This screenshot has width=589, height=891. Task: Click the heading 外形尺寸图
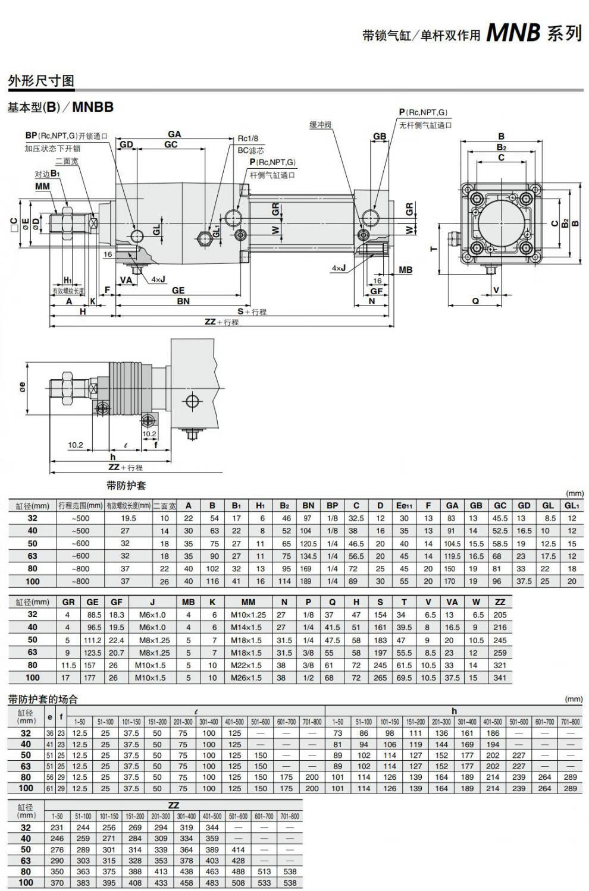click(40, 81)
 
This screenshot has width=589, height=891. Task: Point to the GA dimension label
click(174, 134)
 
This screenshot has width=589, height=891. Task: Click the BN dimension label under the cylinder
click(183, 301)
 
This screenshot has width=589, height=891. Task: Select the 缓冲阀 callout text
click(320, 125)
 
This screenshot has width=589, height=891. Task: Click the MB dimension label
click(405, 270)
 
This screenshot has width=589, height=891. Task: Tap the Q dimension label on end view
click(475, 301)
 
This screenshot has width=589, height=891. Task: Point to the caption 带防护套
click(126, 485)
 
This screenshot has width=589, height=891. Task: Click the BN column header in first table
click(308, 505)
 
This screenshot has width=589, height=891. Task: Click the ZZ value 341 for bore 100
click(500, 678)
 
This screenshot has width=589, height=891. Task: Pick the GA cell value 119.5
click(452, 556)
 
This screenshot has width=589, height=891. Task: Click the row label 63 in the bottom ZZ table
click(26, 861)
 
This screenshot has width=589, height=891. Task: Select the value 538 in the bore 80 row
click(290, 871)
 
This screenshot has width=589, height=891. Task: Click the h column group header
click(454, 711)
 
